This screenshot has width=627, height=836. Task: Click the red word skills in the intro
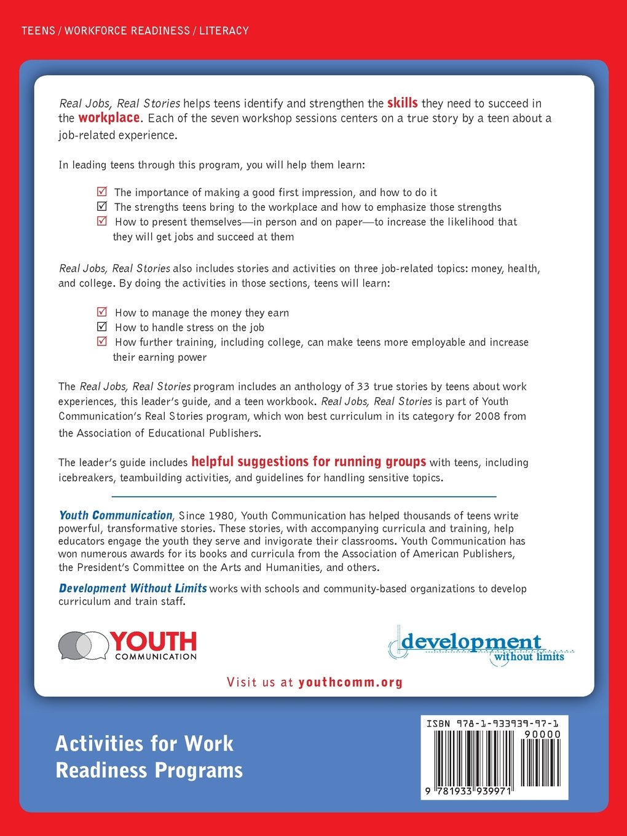(402, 103)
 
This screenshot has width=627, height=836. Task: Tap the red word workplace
(109, 117)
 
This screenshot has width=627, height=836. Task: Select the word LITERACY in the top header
(224, 31)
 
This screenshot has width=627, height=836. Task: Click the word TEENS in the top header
(38, 31)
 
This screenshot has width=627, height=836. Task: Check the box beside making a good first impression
(103, 192)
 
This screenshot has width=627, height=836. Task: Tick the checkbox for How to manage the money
(103, 312)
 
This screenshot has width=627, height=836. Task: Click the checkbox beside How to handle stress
(103, 326)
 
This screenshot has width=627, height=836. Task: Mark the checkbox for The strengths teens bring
(103, 207)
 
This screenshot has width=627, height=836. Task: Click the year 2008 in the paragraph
(487, 416)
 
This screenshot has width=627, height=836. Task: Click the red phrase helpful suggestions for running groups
(309, 462)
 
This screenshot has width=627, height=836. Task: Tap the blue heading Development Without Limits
(133, 588)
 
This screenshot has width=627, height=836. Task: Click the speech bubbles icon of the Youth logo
(83, 645)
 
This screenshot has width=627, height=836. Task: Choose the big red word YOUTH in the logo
(154, 642)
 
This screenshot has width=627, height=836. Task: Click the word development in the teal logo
(471, 642)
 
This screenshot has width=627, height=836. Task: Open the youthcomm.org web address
(350, 682)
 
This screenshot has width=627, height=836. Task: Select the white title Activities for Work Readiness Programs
(149, 757)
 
